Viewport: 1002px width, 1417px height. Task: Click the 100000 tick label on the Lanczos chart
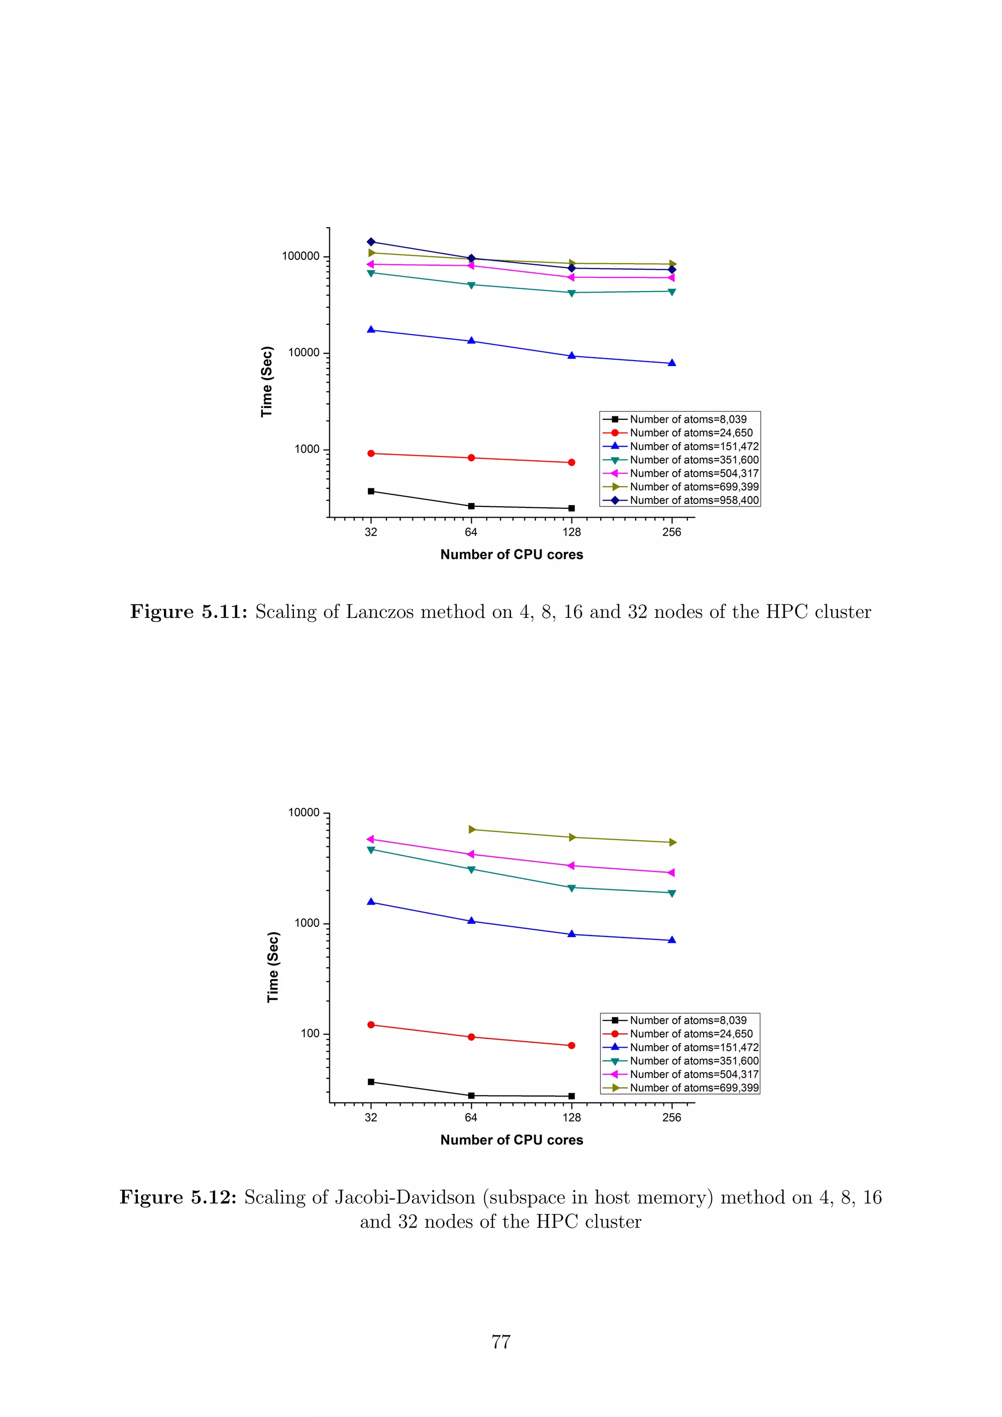[x=300, y=256]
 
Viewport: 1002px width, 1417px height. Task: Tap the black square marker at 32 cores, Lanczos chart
[x=371, y=491]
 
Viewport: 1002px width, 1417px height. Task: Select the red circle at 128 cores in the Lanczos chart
[x=571, y=462]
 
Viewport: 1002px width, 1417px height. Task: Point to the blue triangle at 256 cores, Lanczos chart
[x=672, y=363]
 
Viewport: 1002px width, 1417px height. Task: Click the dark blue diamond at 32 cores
[x=371, y=241]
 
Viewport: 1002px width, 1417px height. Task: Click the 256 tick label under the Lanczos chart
[x=672, y=532]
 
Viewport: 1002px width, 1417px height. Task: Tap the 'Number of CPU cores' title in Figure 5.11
[x=511, y=554]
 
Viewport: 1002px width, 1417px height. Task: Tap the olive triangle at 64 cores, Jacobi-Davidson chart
[x=471, y=829]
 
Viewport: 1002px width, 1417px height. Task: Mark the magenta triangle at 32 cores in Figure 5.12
[x=371, y=839]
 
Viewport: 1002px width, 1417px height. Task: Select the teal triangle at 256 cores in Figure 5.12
[x=672, y=893]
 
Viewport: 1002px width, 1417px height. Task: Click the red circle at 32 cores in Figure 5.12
[x=371, y=1025]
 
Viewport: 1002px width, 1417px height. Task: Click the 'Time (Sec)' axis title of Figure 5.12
[x=273, y=967]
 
